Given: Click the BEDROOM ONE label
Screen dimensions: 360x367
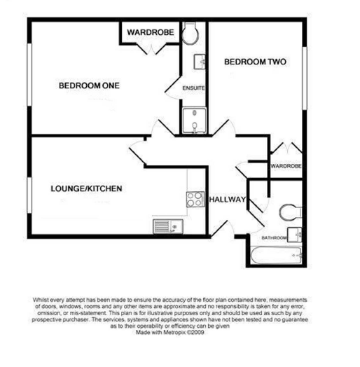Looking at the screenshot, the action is [x=89, y=85].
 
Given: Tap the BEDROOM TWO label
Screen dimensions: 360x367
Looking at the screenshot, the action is [x=255, y=62].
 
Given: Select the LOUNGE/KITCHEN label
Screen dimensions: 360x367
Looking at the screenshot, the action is [x=86, y=188].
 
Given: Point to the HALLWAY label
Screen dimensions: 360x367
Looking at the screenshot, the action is [x=228, y=200].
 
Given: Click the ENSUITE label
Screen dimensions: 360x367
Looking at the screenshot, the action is [x=193, y=88].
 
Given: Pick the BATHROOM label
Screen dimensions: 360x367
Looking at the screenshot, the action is [x=274, y=238].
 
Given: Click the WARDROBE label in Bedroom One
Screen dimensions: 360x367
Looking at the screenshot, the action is [x=151, y=32].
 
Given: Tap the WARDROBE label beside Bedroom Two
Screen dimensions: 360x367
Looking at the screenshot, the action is [x=286, y=166].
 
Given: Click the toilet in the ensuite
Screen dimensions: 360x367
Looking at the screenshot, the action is [x=190, y=33].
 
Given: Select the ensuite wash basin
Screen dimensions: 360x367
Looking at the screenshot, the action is [x=200, y=62].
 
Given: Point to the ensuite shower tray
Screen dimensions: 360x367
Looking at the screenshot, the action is [x=194, y=120].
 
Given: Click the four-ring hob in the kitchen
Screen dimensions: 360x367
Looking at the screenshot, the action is [x=195, y=200].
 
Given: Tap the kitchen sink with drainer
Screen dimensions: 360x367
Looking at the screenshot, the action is [x=168, y=226].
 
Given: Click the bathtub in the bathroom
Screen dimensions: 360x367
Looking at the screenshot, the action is [x=276, y=255].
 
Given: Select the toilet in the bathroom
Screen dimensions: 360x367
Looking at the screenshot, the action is [x=290, y=212].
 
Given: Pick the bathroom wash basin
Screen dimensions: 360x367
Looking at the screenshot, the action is [x=295, y=235].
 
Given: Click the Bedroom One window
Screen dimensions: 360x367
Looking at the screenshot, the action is [x=29, y=74].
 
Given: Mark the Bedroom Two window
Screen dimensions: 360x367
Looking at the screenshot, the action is [x=304, y=78].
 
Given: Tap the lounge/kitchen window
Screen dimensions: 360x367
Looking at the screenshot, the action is [x=29, y=195].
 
